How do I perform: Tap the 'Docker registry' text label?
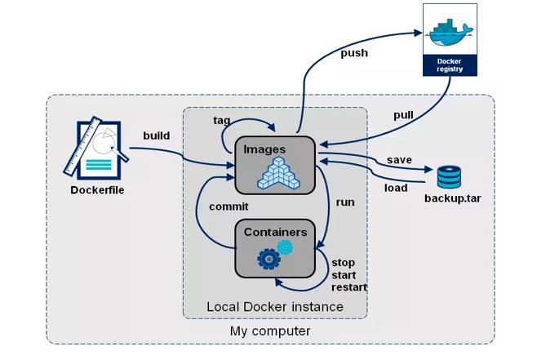(x=449, y=65)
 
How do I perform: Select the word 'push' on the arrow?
(x=353, y=53)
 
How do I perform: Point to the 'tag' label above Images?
(x=222, y=120)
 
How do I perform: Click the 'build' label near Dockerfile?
(x=156, y=136)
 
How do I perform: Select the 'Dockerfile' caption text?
(x=93, y=190)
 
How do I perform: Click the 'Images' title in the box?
(x=264, y=149)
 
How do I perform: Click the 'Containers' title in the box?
(x=275, y=232)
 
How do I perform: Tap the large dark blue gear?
(x=268, y=259)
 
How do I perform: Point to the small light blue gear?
(x=285, y=247)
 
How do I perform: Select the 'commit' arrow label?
(x=229, y=207)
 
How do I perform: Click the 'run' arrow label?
(x=345, y=201)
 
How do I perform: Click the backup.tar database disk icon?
(x=448, y=176)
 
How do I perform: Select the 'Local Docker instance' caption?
(x=275, y=307)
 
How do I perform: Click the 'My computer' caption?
(x=270, y=331)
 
